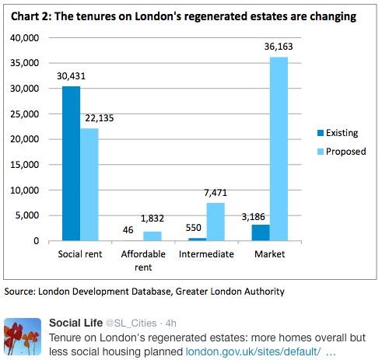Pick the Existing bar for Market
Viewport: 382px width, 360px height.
point(261,232)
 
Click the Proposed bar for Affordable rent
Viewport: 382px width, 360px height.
point(152,236)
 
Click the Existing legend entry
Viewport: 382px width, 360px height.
point(342,133)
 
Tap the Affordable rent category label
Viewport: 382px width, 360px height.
point(142,260)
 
